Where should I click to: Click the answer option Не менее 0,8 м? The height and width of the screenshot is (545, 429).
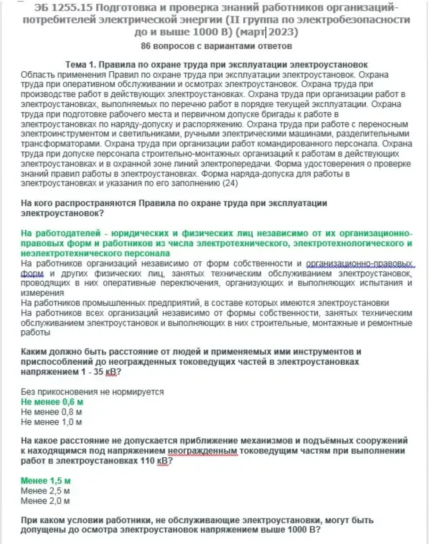pyautogui.click(x=51, y=412)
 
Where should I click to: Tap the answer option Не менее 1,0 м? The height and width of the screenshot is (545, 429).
pyautogui.click(x=51, y=422)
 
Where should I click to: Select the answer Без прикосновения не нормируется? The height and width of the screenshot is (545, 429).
pyautogui.click(x=92, y=392)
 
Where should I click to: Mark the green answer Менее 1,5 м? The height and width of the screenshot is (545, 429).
pyautogui.click(x=45, y=481)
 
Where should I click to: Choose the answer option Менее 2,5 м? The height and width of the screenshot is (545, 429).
pyautogui.click(x=45, y=491)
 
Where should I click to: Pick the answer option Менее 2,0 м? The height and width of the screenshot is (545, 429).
pyautogui.click(x=45, y=501)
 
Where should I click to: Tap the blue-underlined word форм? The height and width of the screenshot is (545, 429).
pyautogui.click(x=32, y=274)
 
